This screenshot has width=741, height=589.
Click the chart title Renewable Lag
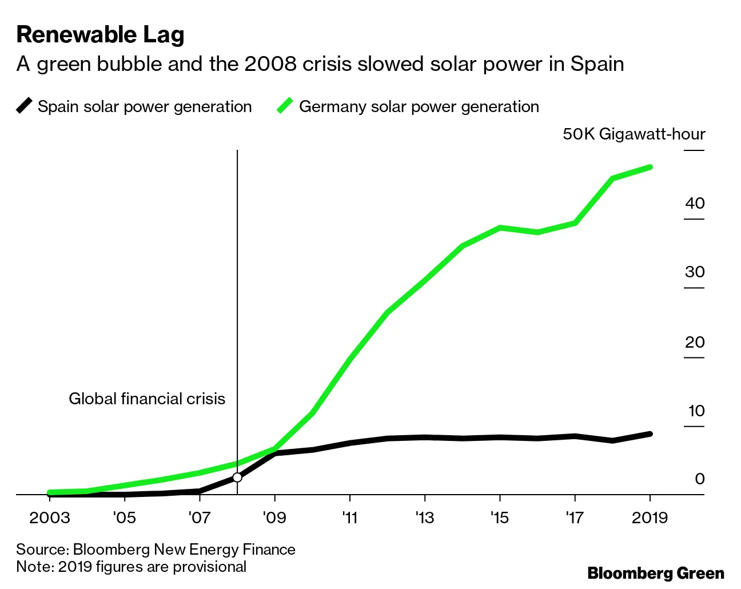(100, 35)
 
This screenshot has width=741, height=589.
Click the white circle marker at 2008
(237, 477)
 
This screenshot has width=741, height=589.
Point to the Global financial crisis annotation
(147, 399)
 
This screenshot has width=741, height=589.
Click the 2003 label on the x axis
(50, 518)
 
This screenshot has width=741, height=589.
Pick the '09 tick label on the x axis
(274, 518)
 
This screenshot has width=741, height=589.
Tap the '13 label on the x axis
(424, 518)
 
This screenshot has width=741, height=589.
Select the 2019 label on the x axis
(650, 518)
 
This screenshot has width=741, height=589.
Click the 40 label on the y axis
(695, 203)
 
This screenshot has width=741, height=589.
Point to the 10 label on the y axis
(696, 411)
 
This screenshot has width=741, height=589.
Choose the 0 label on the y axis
(699, 479)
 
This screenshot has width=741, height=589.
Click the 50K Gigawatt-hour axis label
(634, 134)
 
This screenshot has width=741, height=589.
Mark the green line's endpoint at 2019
(650, 167)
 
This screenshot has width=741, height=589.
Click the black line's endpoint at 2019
(650, 434)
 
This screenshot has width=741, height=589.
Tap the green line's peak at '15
(500, 228)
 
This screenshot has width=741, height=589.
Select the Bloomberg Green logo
(656, 573)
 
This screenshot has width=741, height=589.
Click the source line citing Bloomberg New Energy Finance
(156, 550)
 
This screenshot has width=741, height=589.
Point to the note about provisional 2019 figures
(131, 567)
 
